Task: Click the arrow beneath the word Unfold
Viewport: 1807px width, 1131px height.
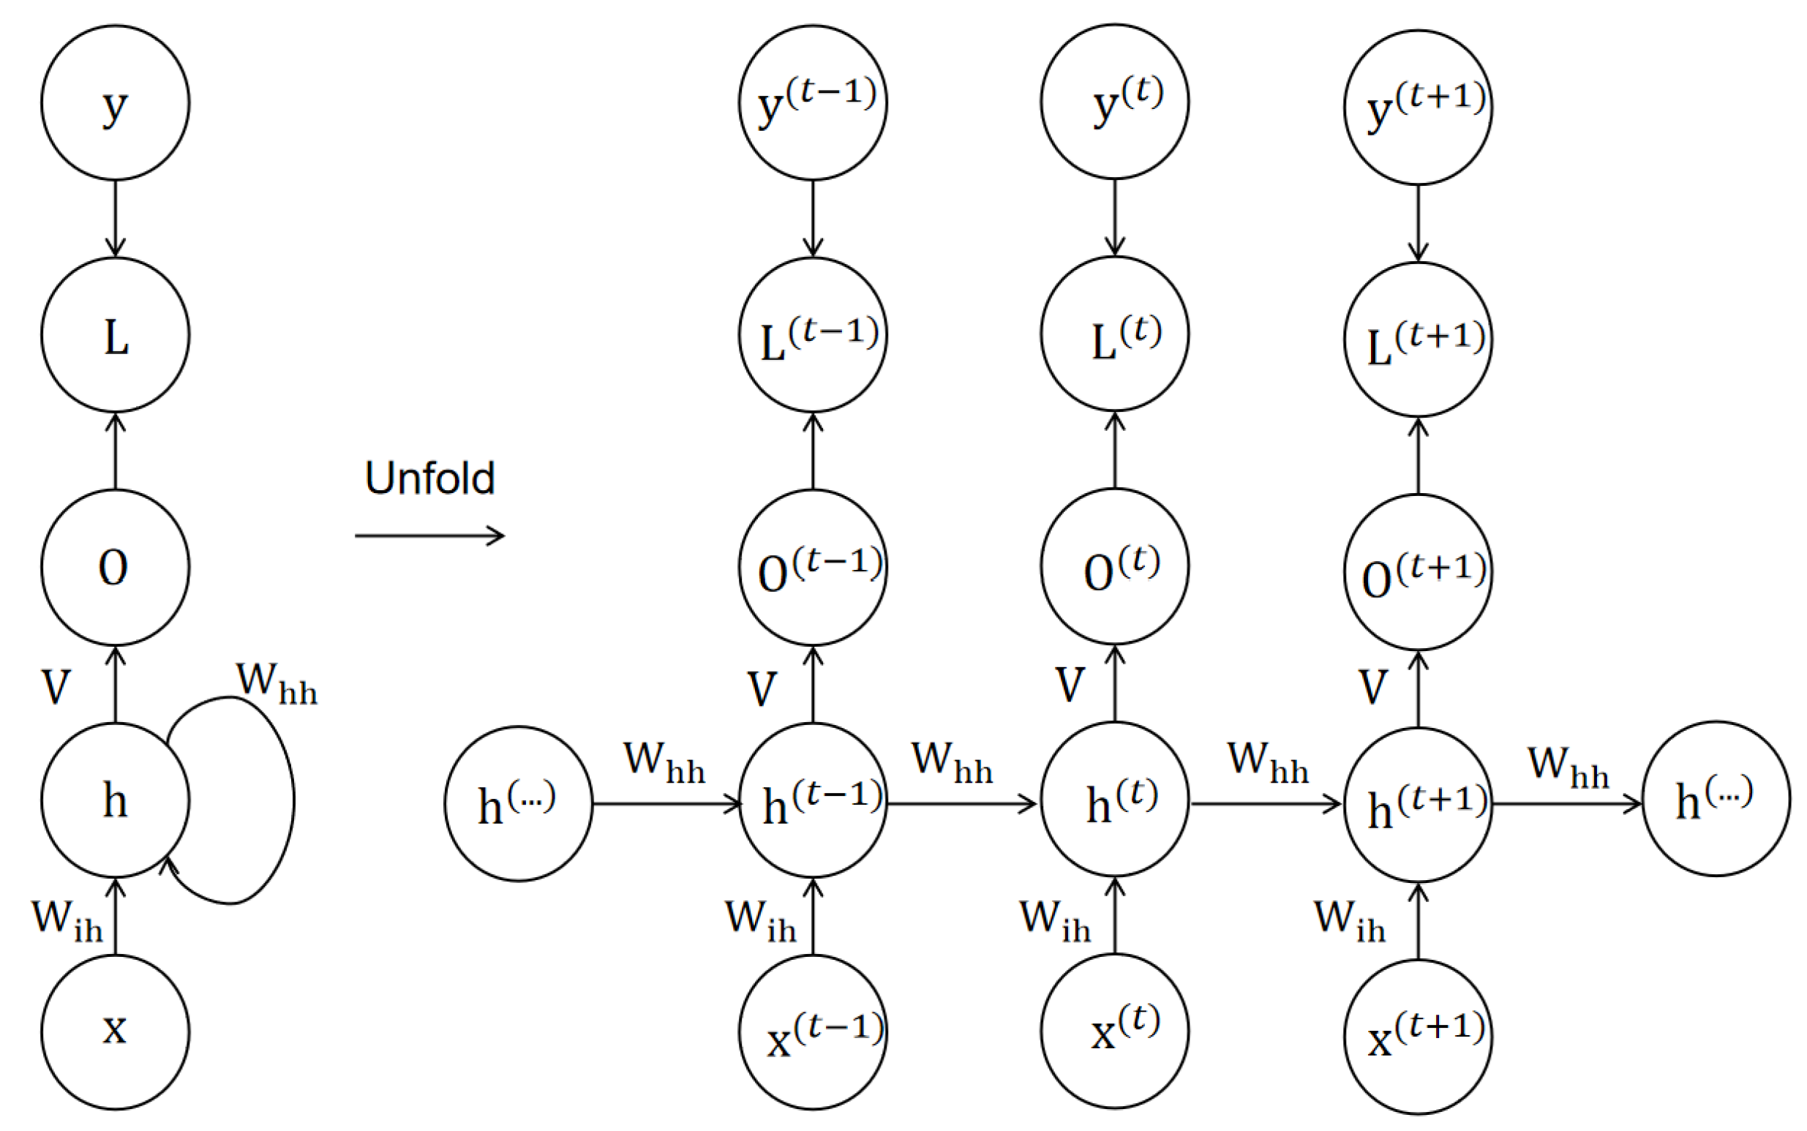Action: [429, 536]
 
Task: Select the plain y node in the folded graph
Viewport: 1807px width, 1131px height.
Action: [115, 103]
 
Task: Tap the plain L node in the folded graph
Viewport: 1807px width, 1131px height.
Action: [115, 335]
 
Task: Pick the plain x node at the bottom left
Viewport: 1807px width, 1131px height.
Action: [115, 1032]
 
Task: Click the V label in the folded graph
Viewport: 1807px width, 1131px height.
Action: [56, 687]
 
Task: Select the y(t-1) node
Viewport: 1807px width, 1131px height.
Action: [813, 103]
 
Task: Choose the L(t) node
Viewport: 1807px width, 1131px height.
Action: [1114, 334]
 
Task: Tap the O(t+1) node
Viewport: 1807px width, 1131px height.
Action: [1418, 572]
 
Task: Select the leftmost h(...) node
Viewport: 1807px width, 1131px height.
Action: [518, 803]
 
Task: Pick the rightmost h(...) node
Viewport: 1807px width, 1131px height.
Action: [1716, 799]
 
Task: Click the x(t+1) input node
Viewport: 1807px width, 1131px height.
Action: [1418, 1037]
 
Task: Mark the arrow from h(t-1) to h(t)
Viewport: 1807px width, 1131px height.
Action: [961, 804]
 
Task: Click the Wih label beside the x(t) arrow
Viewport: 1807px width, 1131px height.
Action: [1055, 920]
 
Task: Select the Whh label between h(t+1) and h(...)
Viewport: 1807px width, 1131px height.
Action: [1568, 767]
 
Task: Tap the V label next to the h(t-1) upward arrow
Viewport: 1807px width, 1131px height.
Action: [762, 688]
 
